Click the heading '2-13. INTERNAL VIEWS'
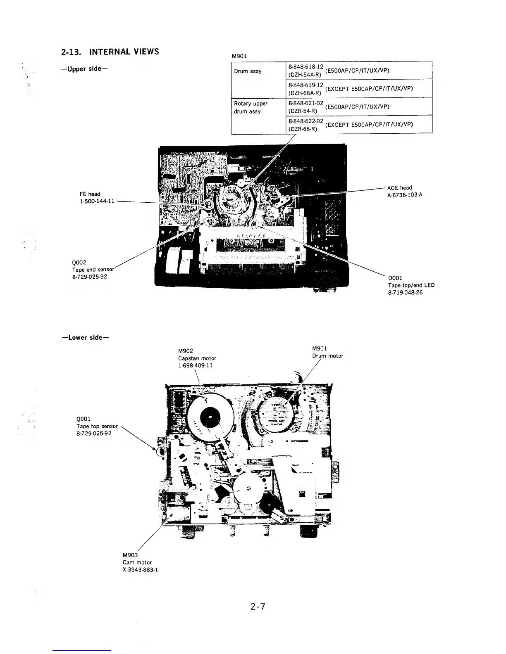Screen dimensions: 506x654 click(110, 52)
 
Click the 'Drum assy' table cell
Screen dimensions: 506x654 click(248, 71)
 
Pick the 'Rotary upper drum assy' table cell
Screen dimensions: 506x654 click(251, 107)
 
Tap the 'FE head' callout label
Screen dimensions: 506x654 click(90, 194)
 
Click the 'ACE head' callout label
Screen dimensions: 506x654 click(399, 188)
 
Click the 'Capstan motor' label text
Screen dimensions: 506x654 click(197, 358)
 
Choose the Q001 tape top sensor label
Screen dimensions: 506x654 click(97, 426)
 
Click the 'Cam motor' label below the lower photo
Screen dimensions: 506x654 click(137, 562)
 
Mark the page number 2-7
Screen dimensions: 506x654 click(257, 607)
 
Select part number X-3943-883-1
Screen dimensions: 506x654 click(140, 570)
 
